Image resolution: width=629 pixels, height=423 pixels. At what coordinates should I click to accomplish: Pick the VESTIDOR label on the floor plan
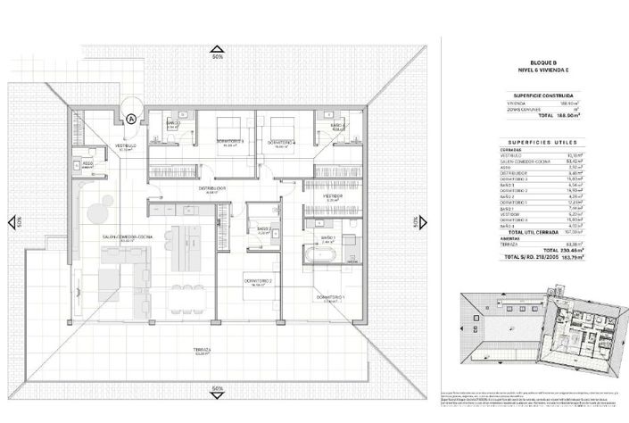332,197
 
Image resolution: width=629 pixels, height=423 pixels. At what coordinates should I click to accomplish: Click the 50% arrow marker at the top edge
217,53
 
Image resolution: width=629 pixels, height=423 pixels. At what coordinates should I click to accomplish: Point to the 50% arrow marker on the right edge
416,221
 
